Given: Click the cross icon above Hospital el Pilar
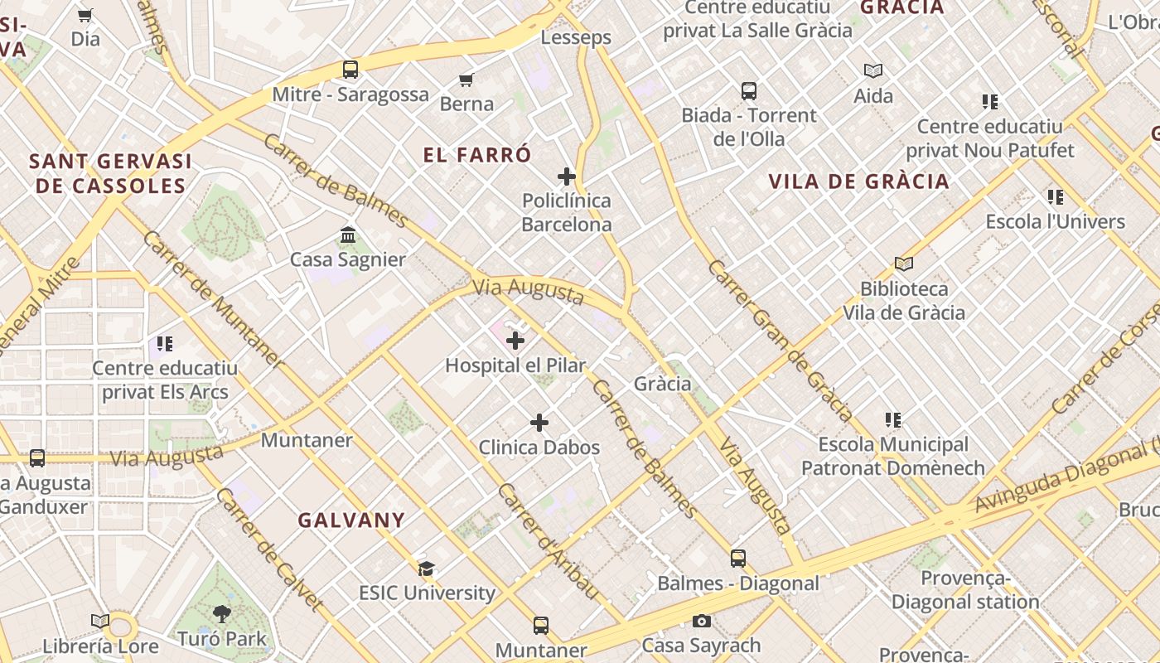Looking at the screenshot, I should pos(515,341).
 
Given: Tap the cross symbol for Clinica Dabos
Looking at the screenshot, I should pos(539,423).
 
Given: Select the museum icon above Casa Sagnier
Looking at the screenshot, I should pos(348,235).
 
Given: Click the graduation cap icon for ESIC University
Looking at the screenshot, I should pos(426,569).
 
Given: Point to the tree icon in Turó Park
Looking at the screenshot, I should pos(221,614).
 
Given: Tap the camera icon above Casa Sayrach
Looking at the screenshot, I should pos(701,621).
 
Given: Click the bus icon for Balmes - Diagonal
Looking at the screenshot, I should pos(737,559).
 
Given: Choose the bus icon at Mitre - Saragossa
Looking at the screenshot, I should pos(350,70).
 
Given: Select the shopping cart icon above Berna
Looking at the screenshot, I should pos(466,80).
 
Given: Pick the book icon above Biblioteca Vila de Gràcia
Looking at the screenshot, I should pos(904,264).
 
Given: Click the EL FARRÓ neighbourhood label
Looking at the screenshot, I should pos(477,155).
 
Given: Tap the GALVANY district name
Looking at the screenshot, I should pos(351,520).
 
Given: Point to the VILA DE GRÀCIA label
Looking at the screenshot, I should pos(858,181).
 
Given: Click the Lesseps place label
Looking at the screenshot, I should pos(576,37).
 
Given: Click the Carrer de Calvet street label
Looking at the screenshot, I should pos(268,548).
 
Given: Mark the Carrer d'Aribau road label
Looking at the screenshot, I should pos(548,541).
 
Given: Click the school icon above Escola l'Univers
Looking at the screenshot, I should pos(1055,197).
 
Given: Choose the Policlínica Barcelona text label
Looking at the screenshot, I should pos(567,212).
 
